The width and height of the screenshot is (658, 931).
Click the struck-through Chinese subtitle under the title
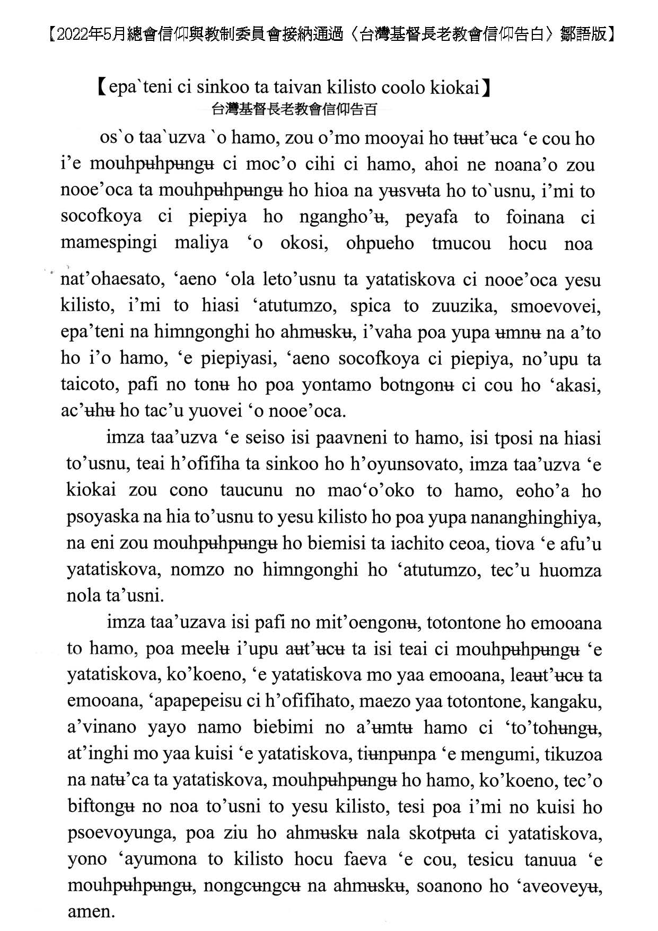tap(294, 110)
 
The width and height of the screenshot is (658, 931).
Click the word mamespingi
tap(109, 243)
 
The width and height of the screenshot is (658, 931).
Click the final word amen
tap(91, 911)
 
